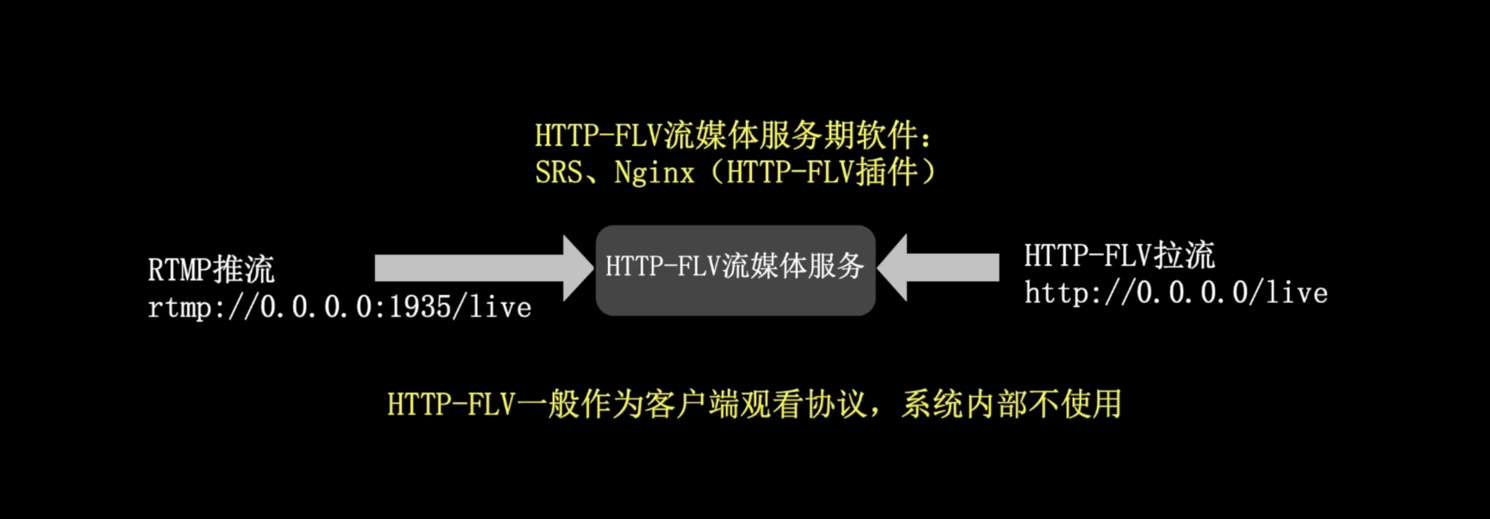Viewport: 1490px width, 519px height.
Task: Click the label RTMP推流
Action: pos(211,269)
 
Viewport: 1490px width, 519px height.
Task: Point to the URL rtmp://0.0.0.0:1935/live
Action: pos(339,307)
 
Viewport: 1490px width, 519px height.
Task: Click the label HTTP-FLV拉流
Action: pos(1119,255)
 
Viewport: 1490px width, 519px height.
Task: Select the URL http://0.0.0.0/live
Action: pos(1176,293)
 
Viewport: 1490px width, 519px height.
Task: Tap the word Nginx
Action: pos(654,173)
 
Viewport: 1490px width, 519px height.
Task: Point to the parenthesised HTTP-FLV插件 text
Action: pos(822,173)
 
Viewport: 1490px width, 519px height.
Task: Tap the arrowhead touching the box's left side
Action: pos(578,268)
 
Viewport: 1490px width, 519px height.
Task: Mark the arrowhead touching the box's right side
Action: pos(893,267)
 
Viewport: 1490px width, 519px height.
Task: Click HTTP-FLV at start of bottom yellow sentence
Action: pos(451,404)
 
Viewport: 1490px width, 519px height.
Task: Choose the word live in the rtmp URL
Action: pos(500,307)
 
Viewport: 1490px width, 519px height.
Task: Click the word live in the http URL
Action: pos(1296,293)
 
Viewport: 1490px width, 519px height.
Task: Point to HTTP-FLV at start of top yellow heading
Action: pos(599,135)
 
